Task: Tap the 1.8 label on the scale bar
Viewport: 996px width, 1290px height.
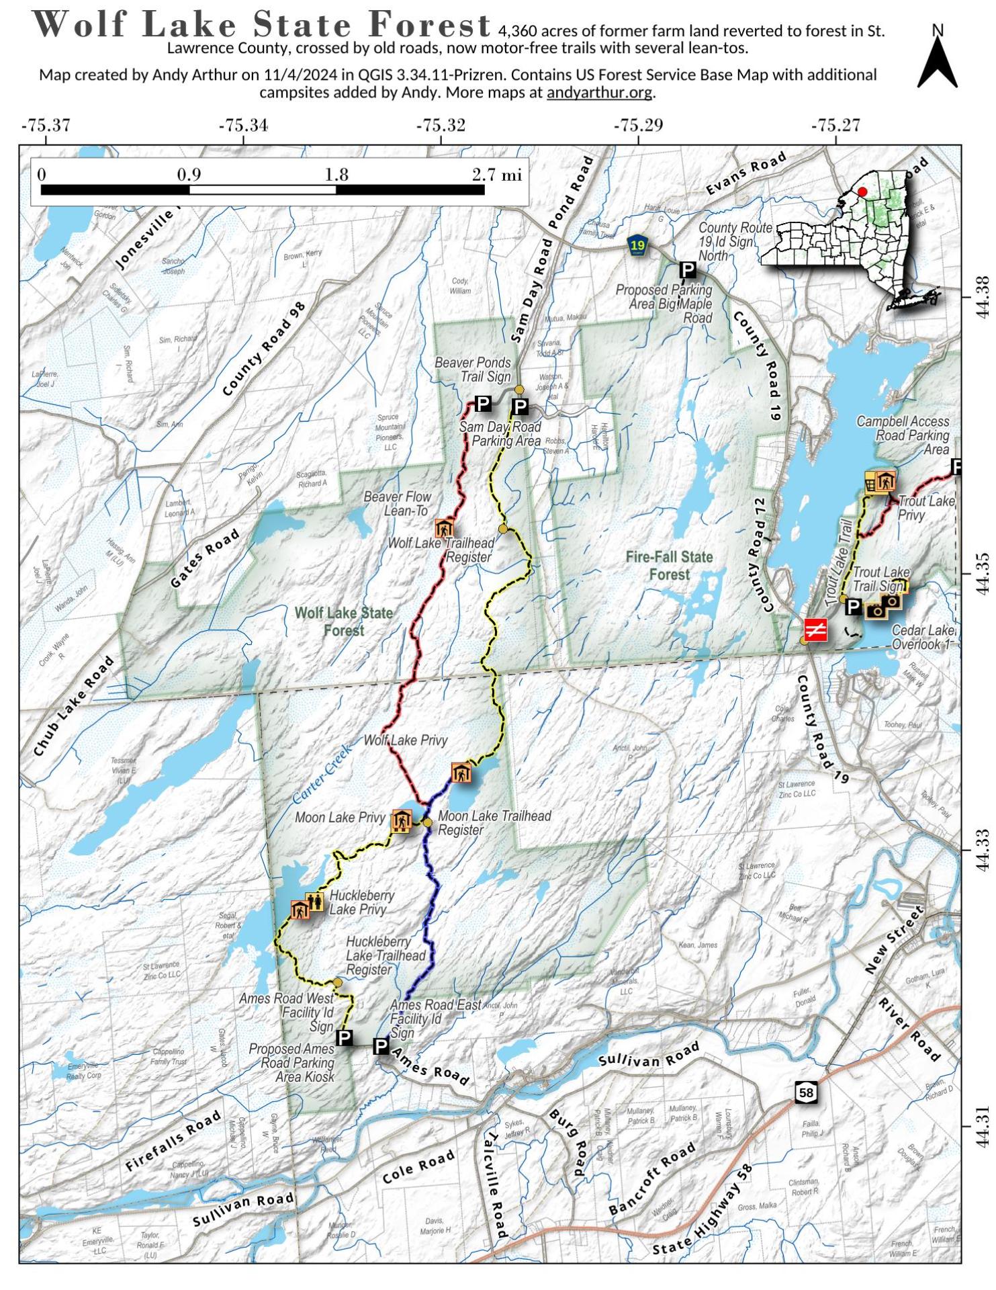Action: click(x=336, y=175)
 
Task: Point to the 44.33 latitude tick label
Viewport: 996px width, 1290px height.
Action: click(x=982, y=851)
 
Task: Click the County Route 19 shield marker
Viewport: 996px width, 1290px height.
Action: click(x=637, y=245)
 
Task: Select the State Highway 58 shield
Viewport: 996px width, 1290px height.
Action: click(x=806, y=1092)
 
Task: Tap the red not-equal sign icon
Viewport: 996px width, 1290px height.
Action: click(x=816, y=630)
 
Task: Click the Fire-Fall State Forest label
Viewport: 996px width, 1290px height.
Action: click(x=669, y=566)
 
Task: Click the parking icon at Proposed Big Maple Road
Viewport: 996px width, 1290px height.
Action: click(x=688, y=270)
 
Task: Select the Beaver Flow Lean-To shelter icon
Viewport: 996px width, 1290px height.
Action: click(x=444, y=527)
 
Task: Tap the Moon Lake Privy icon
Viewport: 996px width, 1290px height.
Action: click(x=401, y=820)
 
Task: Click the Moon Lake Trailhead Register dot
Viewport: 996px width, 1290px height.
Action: click(x=427, y=822)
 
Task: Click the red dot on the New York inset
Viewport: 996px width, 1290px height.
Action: click(x=862, y=191)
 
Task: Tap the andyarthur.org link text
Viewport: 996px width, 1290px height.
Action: click(x=599, y=93)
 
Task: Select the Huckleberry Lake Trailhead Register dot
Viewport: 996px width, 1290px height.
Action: click(x=337, y=982)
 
